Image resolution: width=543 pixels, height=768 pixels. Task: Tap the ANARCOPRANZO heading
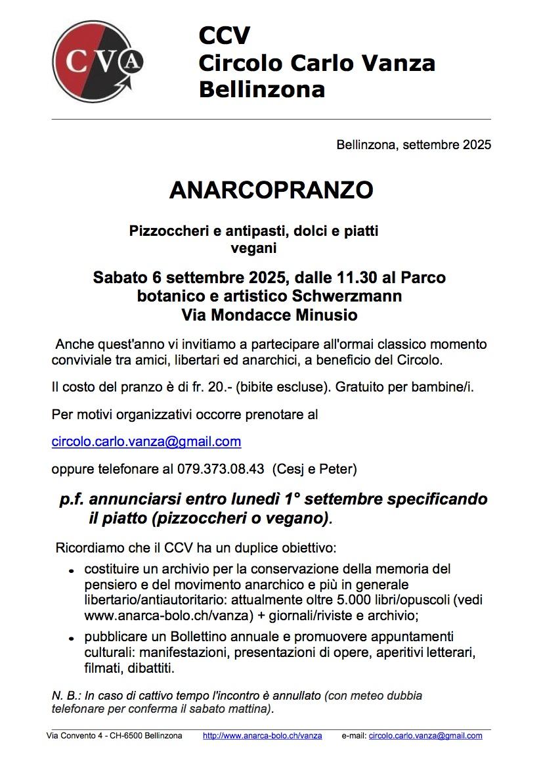click(x=271, y=190)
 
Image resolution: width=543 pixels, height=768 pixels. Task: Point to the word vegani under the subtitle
click(x=254, y=248)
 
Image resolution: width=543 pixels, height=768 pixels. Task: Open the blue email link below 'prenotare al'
click(x=146, y=441)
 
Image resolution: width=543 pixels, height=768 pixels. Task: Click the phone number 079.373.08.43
click(x=221, y=469)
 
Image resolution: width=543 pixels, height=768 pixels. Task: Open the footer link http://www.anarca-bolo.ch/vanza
click(x=263, y=736)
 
